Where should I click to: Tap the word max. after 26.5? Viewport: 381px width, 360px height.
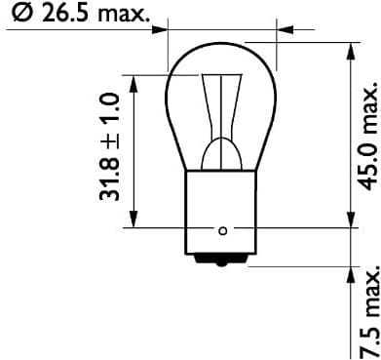(x=126, y=13)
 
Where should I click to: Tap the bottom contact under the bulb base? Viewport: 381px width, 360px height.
(x=223, y=259)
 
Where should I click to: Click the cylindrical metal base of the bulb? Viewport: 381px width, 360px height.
(x=223, y=210)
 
